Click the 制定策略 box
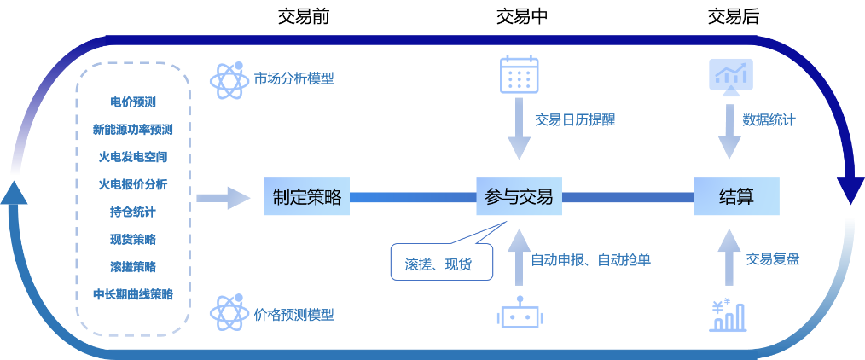(307, 197)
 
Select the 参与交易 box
(519, 197)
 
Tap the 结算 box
(736, 197)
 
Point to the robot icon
(519, 314)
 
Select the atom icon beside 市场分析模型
(229, 79)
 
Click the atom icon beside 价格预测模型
(229, 314)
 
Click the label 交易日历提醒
(575, 120)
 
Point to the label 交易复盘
(773, 259)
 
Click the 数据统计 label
(769, 120)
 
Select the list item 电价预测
(133, 102)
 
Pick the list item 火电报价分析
(133, 183)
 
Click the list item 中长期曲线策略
(133, 293)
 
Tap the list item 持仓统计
(133, 211)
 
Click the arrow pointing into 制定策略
(224, 198)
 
